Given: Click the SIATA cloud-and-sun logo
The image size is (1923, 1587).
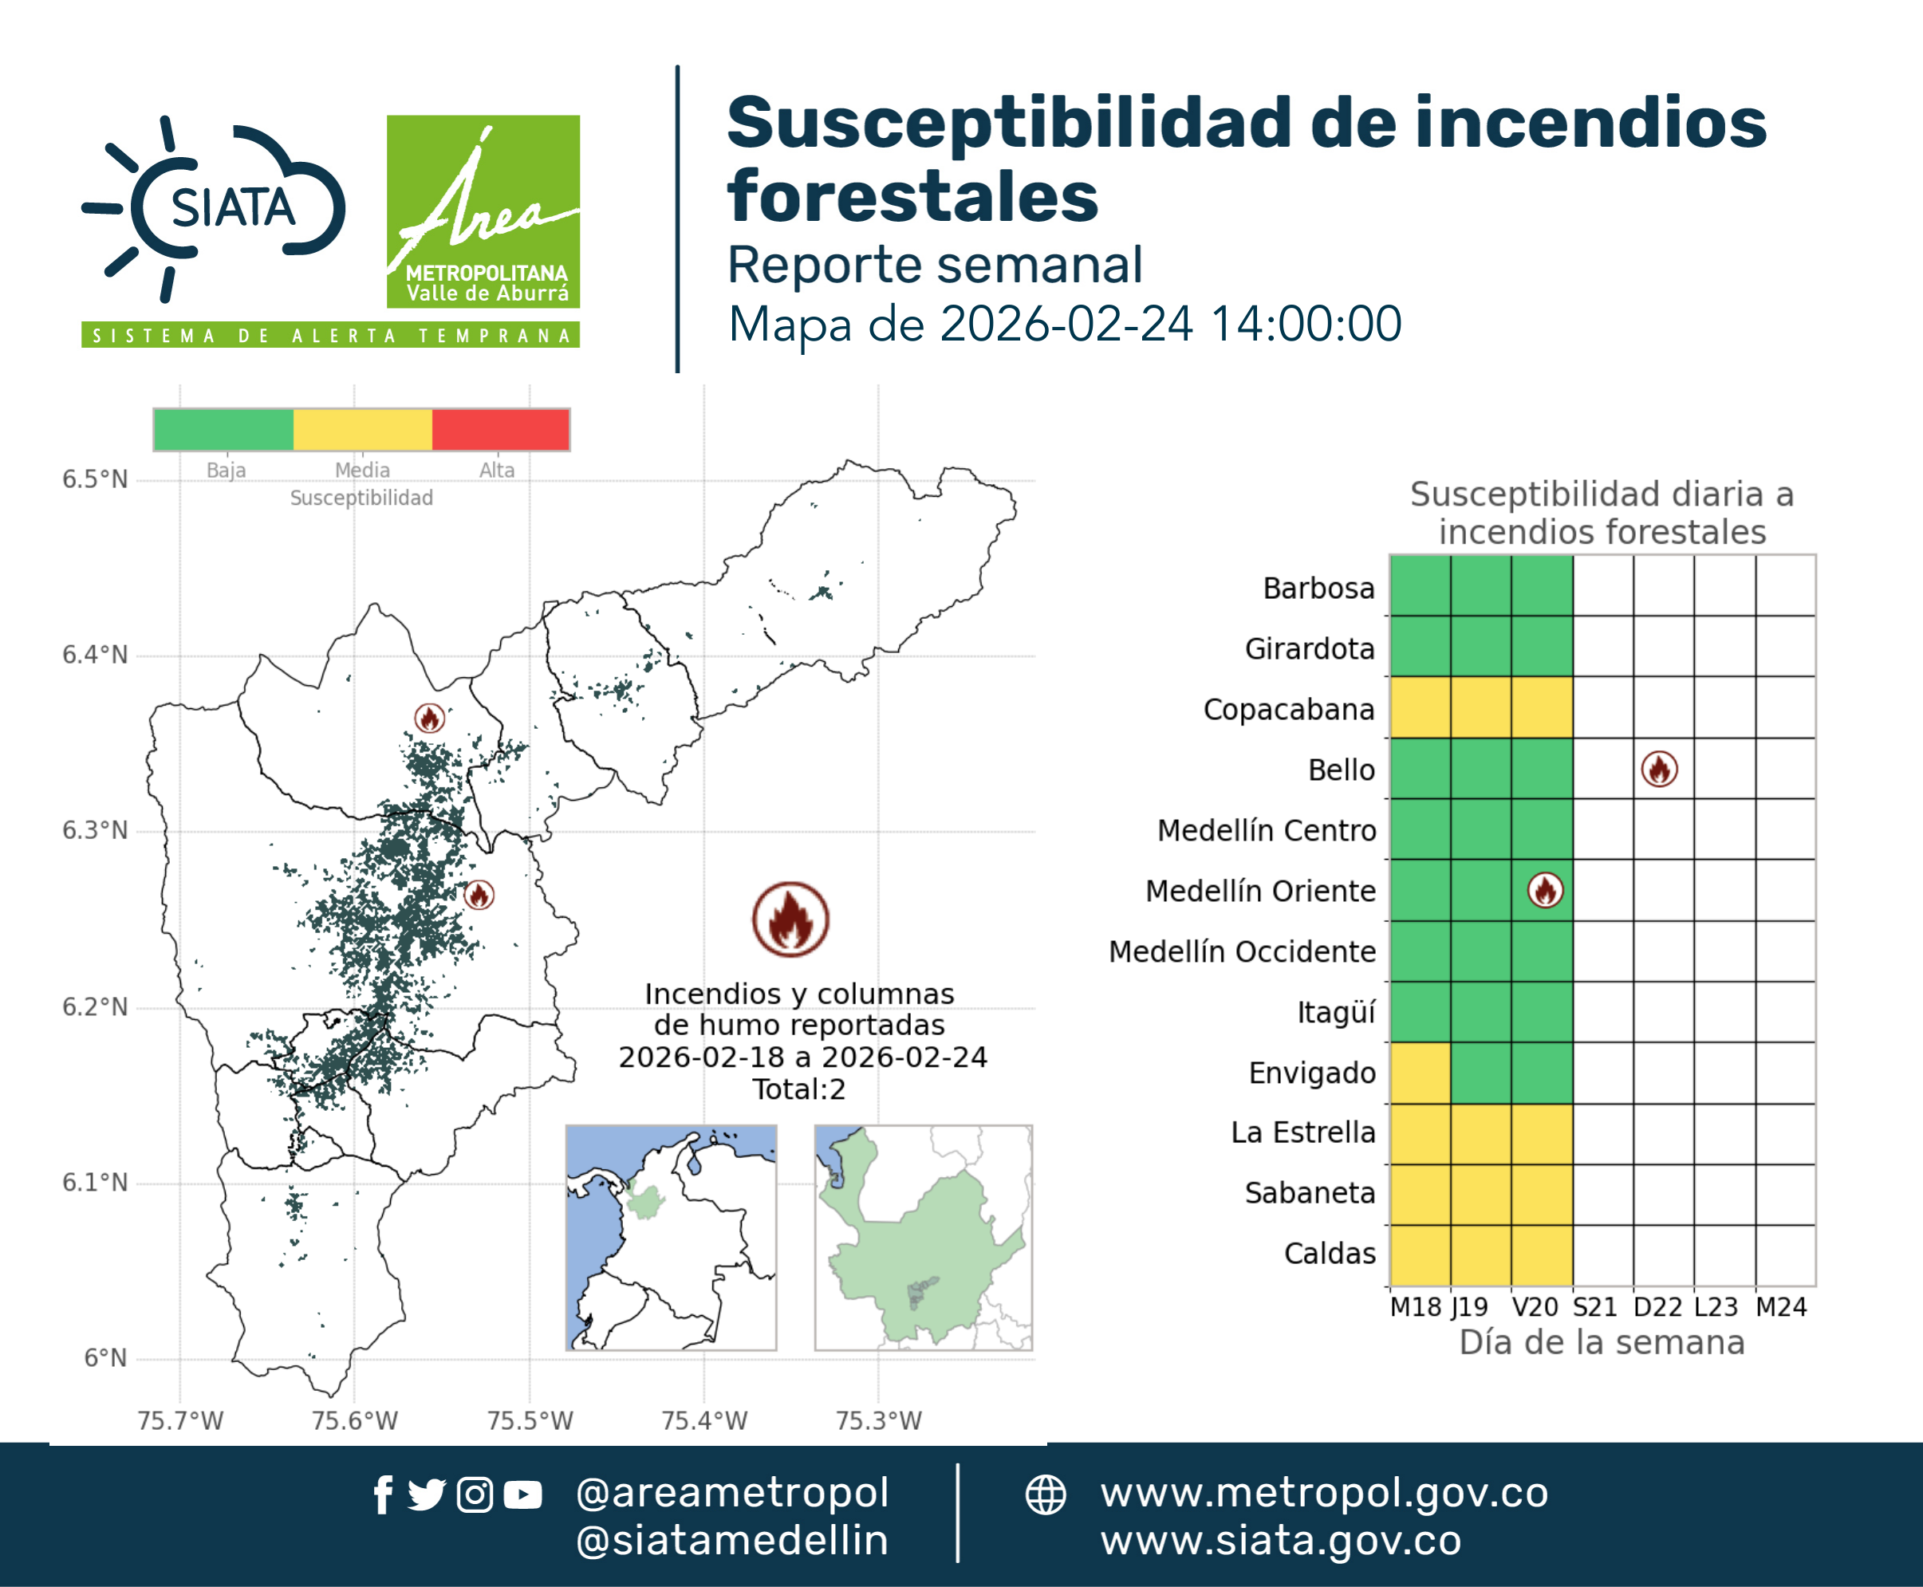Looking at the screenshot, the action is [213, 208].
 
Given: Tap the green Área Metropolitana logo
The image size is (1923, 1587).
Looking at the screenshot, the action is [483, 211].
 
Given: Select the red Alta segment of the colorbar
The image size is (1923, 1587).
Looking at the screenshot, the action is [500, 430].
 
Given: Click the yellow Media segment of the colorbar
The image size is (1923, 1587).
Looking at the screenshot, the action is [362, 430].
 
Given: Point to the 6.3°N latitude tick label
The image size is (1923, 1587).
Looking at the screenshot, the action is [95, 830].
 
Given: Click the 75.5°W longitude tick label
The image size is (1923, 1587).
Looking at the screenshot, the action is [530, 1420].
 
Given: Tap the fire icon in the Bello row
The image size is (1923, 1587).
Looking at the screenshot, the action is [1659, 769].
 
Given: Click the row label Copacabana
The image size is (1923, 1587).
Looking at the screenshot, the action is [1288, 710].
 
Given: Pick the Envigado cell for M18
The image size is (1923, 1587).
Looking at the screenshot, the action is [1420, 1073].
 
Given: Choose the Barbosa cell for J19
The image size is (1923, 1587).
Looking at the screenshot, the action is [1480, 585].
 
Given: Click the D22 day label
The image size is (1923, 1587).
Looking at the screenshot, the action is [1658, 1307].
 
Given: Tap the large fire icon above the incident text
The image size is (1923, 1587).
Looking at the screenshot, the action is [791, 919].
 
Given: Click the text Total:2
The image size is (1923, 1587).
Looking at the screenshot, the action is [799, 1089].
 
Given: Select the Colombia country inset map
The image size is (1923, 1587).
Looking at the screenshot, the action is [671, 1238].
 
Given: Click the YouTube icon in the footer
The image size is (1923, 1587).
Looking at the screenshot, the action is [523, 1495].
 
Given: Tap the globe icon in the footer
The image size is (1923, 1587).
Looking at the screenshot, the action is [1045, 1494].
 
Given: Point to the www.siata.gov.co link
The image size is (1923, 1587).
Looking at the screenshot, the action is [1280, 1541].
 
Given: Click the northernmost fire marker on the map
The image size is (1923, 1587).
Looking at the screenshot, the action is [430, 718].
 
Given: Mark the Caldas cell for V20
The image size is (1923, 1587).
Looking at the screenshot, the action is [1542, 1255].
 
